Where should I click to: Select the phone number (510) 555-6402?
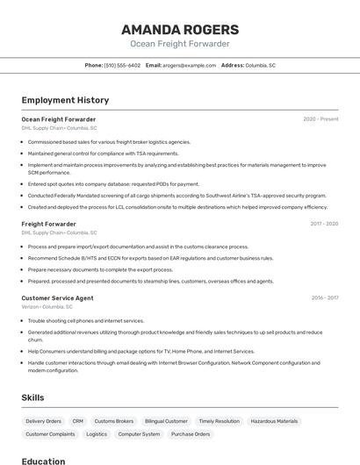(x=122, y=65)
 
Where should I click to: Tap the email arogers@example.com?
(x=187, y=65)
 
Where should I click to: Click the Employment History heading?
(x=65, y=100)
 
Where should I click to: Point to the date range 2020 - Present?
(x=320, y=119)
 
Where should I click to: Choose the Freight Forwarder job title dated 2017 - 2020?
(x=48, y=224)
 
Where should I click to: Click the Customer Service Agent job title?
(x=57, y=298)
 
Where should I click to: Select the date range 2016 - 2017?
(x=324, y=298)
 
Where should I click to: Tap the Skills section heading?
(x=33, y=397)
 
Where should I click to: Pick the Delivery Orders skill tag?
(x=43, y=421)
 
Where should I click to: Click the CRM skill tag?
(x=78, y=421)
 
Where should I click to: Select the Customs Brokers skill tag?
(x=114, y=421)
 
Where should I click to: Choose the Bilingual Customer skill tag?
(x=166, y=421)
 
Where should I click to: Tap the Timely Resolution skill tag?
(x=219, y=421)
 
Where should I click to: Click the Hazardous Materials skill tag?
(x=274, y=421)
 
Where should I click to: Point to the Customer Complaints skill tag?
(x=50, y=434)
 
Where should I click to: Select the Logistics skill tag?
(x=97, y=434)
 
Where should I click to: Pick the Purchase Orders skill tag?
(x=191, y=434)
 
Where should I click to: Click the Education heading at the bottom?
(x=43, y=461)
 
